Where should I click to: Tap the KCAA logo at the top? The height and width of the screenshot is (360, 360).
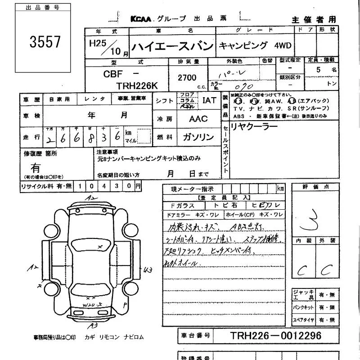141,19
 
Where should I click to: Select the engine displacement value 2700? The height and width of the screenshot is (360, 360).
187,78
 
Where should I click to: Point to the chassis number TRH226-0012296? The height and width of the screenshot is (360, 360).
276,336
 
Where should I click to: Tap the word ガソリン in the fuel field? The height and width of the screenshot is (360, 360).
198,137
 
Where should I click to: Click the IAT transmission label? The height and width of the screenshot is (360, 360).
209,100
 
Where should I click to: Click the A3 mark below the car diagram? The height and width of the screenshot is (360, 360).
93,325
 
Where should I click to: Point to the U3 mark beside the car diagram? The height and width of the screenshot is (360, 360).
148,270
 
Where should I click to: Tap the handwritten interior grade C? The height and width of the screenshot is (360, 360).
301,270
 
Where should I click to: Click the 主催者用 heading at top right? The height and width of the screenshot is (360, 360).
314,19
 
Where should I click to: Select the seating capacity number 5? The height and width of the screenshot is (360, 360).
319,70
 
